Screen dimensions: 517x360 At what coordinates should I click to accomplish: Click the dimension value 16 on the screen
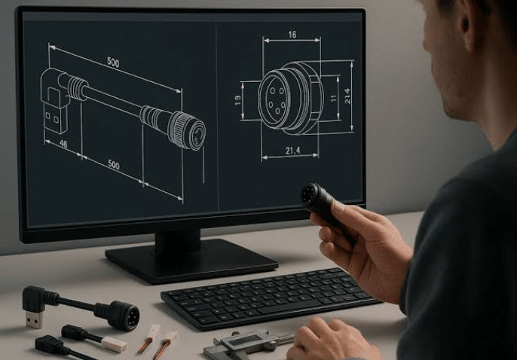coord(292,35)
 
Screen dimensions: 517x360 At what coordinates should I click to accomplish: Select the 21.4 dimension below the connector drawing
coord(292,151)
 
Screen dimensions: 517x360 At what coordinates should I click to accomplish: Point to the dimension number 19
coord(237,100)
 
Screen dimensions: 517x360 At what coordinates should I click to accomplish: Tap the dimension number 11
coord(334,98)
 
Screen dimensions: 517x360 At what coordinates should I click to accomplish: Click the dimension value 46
coord(63,144)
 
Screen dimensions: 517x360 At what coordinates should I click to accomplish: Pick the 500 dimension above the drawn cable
coord(113,63)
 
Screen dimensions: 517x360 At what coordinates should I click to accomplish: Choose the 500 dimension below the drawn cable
coord(114,164)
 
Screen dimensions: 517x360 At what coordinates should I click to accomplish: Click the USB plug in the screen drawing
coord(55,117)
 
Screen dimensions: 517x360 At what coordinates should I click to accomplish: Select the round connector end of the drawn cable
coord(187,131)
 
